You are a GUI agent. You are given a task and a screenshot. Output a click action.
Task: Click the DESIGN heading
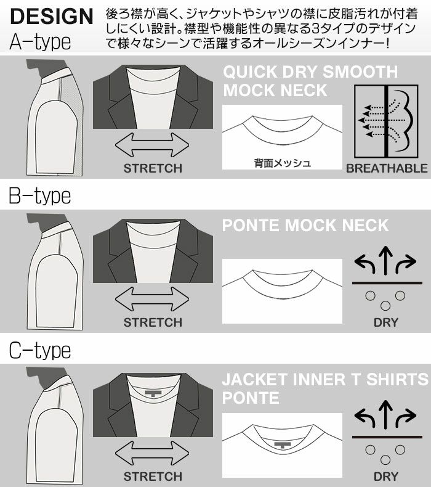[x=52, y=16]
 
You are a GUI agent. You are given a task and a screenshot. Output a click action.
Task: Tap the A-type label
[x=40, y=42]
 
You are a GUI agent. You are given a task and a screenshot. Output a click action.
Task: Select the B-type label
[x=40, y=195]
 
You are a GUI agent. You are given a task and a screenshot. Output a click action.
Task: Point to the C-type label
[x=40, y=350]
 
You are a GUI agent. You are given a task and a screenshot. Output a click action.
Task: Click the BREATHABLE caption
[x=387, y=168]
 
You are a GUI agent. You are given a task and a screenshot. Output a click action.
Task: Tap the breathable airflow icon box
[x=386, y=121]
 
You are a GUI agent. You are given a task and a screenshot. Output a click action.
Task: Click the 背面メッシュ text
[x=283, y=163]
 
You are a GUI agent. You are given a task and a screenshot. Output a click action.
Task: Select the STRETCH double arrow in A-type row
[x=152, y=145]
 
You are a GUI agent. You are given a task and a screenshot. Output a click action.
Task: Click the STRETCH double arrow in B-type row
[x=152, y=299]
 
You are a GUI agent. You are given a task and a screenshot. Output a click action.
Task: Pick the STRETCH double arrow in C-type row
[x=152, y=453]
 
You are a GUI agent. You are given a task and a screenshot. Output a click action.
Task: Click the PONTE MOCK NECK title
[x=305, y=225]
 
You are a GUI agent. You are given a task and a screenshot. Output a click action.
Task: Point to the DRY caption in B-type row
[x=385, y=322]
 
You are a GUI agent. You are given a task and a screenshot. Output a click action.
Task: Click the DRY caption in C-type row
[x=385, y=477]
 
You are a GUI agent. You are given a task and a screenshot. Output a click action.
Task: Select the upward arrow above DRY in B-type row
[x=385, y=260]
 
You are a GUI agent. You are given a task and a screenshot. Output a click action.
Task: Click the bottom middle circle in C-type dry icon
[x=385, y=460]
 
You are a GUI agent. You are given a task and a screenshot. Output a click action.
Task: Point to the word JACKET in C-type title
[x=254, y=380]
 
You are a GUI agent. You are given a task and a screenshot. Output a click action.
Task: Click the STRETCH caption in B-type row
[x=153, y=322]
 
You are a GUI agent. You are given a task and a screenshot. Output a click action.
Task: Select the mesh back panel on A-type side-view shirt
[x=66, y=90]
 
